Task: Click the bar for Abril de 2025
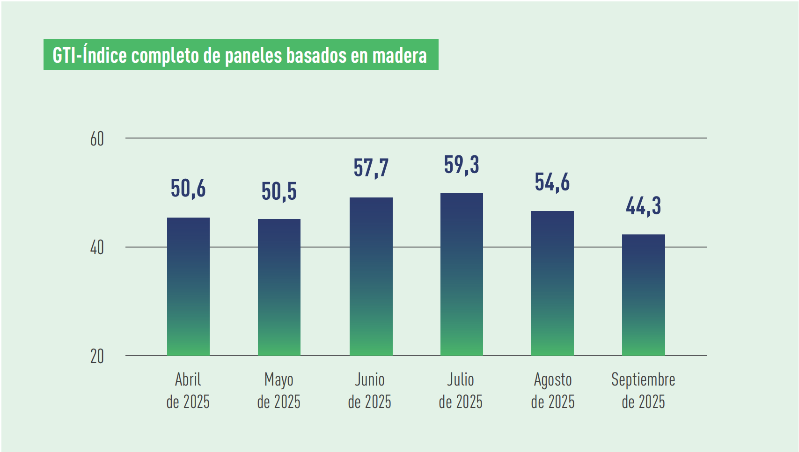[x=188, y=286]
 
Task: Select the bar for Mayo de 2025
[x=279, y=287]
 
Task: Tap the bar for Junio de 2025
[x=371, y=276]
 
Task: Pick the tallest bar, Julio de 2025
[x=462, y=274]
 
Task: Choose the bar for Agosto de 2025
[x=552, y=283]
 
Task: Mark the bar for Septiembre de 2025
[x=643, y=295]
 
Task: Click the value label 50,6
[x=188, y=189]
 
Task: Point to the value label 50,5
[x=279, y=191]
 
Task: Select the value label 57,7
[x=371, y=168]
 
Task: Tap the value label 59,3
[x=462, y=165]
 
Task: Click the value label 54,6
[x=552, y=182]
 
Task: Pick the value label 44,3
[x=643, y=206]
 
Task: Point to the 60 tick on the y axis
[x=97, y=139]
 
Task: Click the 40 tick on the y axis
[x=97, y=248]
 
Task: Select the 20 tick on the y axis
[x=97, y=357]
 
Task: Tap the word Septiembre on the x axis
[x=643, y=379]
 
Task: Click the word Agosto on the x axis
[x=552, y=379]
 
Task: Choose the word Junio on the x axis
[x=370, y=379]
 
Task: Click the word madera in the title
[x=399, y=56]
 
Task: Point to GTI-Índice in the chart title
[x=89, y=55]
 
